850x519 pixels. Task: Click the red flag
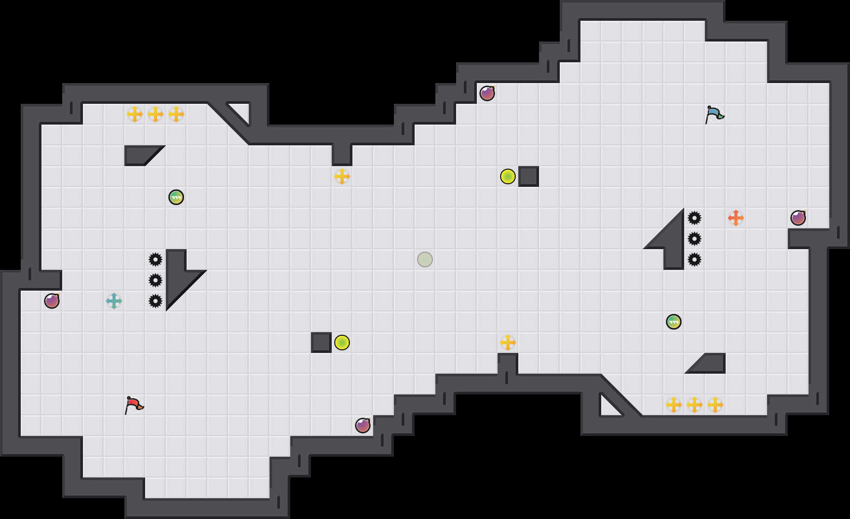(134, 404)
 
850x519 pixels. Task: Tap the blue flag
(714, 114)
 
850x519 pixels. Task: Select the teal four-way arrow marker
(114, 301)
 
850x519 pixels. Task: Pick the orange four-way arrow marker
(736, 218)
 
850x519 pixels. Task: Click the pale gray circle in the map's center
(425, 259)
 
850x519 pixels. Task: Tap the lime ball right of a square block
(342, 343)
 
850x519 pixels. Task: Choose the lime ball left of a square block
(508, 176)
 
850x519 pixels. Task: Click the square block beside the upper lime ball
(529, 176)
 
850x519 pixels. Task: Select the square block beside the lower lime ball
(321, 343)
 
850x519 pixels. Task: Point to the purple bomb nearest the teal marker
(52, 301)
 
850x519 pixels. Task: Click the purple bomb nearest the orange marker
(798, 218)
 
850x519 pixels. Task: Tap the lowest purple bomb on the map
(363, 426)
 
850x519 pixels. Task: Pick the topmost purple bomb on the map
(487, 93)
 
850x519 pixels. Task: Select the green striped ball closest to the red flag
(176, 197)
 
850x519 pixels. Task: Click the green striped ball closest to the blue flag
(674, 322)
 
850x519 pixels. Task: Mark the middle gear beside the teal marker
(155, 280)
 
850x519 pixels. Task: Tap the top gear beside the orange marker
(695, 218)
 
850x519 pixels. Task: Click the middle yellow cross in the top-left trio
(155, 114)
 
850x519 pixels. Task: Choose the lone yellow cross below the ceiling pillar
(342, 176)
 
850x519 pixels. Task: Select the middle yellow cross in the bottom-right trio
(695, 405)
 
